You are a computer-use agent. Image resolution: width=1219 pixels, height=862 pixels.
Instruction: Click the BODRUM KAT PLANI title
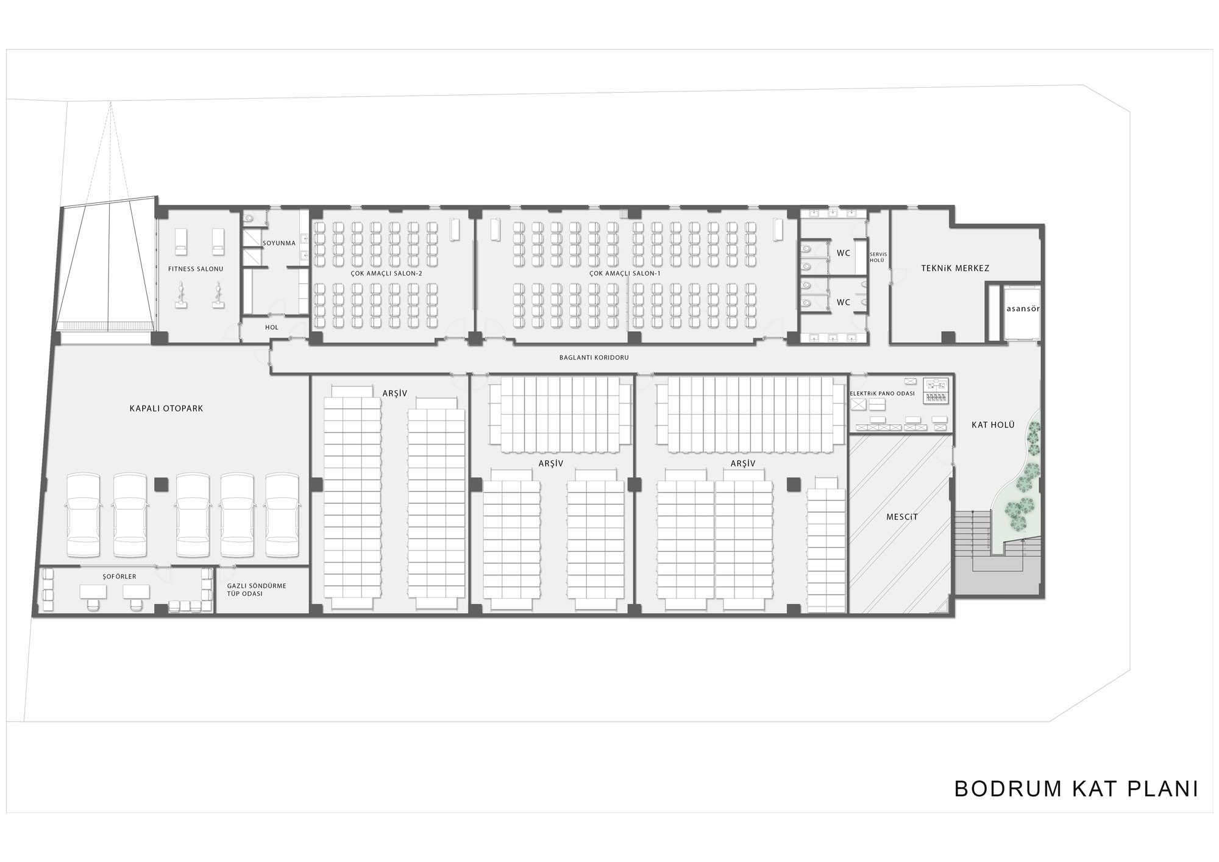pyautogui.click(x=1076, y=788)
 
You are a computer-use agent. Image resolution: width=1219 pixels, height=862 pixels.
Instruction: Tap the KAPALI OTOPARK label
pyautogui.click(x=166, y=408)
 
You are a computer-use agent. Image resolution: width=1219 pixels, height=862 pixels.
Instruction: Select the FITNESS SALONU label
pyautogui.click(x=196, y=269)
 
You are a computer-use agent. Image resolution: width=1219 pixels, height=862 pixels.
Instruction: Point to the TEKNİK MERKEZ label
pyautogui.click(x=955, y=268)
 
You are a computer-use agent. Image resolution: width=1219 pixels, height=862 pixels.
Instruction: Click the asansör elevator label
pyautogui.click(x=1023, y=308)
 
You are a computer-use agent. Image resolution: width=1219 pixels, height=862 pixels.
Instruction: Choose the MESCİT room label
pyautogui.click(x=902, y=517)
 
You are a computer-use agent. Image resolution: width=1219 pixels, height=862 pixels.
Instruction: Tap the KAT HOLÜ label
pyautogui.click(x=993, y=425)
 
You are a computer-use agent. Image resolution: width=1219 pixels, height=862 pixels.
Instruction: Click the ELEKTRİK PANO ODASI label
pyautogui.click(x=882, y=393)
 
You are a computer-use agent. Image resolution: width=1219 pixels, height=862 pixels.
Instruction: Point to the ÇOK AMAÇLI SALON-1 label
pyautogui.click(x=625, y=273)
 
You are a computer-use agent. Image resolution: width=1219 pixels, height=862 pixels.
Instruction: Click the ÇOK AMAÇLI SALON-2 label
pyautogui.click(x=386, y=273)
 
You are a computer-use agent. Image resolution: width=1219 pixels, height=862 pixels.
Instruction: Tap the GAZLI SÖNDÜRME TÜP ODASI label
pyautogui.click(x=257, y=590)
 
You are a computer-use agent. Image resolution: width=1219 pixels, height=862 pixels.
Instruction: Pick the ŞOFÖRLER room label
pyautogui.click(x=119, y=576)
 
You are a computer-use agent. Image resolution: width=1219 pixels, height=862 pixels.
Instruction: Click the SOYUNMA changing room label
pyautogui.click(x=279, y=243)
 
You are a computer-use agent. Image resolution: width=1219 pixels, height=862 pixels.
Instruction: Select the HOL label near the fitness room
pyautogui.click(x=272, y=327)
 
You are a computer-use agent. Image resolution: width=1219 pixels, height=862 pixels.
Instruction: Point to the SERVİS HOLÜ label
pyautogui.click(x=877, y=257)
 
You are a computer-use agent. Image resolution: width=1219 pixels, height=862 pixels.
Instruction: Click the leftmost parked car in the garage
pyautogui.click(x=84, y=515)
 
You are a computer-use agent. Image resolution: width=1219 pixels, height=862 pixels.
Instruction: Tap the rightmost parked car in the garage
pyautogui.click(x=282, y=515)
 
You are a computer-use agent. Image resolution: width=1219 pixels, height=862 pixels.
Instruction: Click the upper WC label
pyautogui.click(x=844, y=253)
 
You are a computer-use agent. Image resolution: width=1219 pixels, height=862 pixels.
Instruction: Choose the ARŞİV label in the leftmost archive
pyautogui.click(x=394, y=393)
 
